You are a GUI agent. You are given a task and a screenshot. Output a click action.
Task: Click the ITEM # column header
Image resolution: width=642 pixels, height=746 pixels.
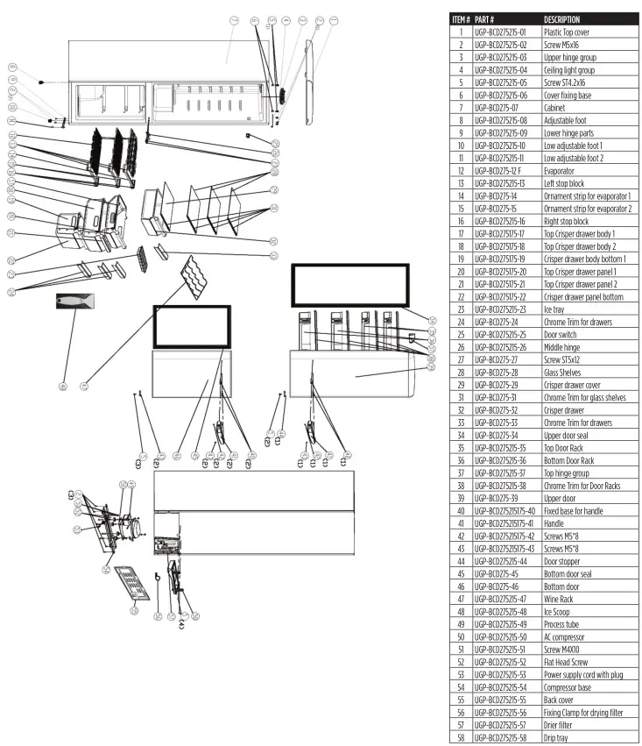[462, 18]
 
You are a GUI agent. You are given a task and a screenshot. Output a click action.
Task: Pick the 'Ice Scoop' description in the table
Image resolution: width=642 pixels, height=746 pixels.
[560, 611]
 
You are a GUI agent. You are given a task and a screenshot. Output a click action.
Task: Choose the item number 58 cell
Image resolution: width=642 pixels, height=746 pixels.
[461, 738]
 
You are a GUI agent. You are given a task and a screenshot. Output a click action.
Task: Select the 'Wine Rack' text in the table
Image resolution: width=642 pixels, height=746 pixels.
[561, 599]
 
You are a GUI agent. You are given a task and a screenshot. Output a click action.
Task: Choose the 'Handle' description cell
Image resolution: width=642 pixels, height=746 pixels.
[555, 522]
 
